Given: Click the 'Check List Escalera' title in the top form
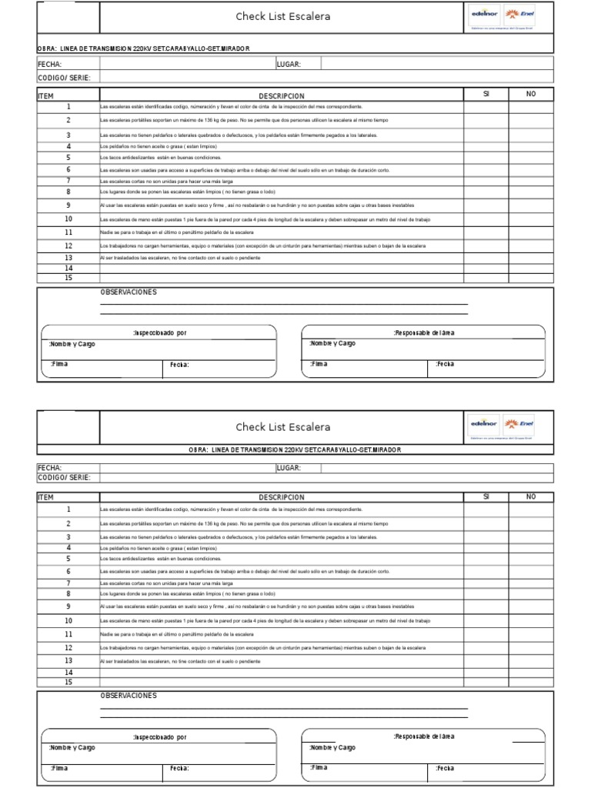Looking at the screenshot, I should [282, 17].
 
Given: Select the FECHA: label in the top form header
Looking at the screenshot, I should [49, 65].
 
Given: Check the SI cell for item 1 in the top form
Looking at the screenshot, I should [486, 107].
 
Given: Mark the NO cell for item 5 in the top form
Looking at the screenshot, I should [530, 157].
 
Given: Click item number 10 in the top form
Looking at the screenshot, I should [68, 219].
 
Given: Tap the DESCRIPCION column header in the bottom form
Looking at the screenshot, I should [281, 497].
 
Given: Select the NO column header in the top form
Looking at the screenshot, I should [530, 94].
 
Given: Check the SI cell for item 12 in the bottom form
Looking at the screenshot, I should [486, 648].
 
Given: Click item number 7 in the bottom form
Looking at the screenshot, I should [68, 583].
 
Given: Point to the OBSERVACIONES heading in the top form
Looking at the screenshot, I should [129, 292].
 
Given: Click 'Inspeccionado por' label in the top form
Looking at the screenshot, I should [159, 333].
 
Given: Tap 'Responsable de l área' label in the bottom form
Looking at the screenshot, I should [423, 736].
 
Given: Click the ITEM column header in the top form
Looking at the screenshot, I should [45, 95].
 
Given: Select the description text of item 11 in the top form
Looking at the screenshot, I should [176, 232].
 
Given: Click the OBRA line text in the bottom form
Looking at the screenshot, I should [295, 449].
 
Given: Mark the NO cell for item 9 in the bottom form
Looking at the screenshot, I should [530, 607].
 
